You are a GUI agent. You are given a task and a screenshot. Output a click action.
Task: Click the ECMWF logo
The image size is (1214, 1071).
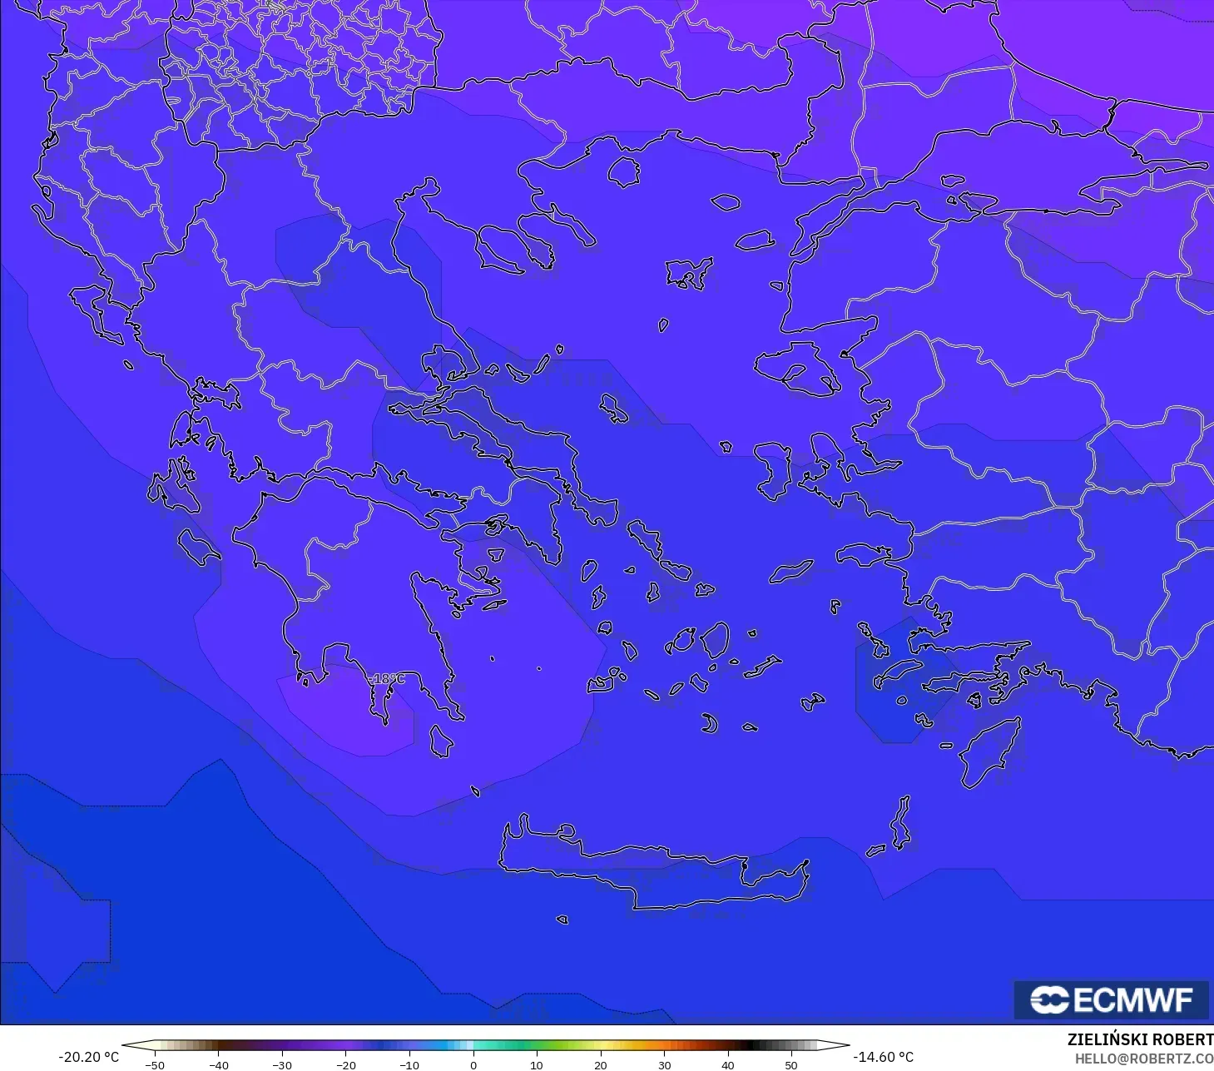point(1111,999)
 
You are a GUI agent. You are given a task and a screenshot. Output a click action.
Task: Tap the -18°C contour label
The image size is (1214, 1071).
point(387,679)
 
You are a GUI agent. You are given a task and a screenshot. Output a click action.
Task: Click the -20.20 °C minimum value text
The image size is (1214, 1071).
point(88,1057)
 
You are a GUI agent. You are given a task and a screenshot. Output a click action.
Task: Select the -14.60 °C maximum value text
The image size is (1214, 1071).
point(883,1057)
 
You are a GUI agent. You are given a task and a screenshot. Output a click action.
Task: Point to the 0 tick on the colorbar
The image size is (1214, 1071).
point(473,1064)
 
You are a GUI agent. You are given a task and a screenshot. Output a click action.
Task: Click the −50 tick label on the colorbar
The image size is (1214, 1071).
point(154,1065)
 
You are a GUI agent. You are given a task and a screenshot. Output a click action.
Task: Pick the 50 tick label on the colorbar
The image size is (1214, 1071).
point(791,1065)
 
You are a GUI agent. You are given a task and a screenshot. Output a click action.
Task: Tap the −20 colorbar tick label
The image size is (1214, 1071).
point(345,1065)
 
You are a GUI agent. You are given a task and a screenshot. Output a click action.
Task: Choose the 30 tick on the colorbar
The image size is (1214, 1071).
point(664,1064)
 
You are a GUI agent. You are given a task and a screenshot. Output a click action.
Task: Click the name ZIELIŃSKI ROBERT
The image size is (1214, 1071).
point(1140,1039)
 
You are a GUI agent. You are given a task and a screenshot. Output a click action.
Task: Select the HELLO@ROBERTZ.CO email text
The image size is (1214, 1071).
point(1143,1059)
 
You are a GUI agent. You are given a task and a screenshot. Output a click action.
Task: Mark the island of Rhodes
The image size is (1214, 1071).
point(990,753)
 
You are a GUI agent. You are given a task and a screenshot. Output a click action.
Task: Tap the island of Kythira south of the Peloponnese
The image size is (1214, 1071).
point(441,741)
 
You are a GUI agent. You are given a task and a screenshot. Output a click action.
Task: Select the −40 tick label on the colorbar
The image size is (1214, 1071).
point(218,1065)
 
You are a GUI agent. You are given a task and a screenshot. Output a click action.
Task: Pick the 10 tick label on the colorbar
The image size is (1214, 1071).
point(537,1065)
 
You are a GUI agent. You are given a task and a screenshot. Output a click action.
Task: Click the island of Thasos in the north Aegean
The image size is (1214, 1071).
point(623,172)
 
